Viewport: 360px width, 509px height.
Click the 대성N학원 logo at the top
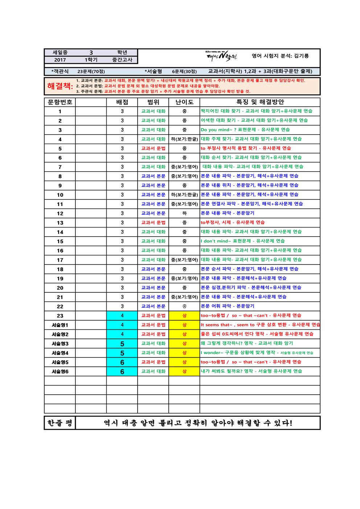click(x=221, y=56)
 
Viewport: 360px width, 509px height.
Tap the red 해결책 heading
click(x=60, y=86)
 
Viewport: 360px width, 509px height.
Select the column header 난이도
click(x=184, y=102)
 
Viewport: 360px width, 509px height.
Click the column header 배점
click(x=122, y=102)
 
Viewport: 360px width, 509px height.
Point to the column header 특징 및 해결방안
click(x=260, y=102)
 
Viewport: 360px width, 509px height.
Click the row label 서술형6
click(x=60, y=371)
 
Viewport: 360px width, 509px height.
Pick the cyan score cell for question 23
click(x=122, y=316)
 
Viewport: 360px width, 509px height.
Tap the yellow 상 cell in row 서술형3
click(x=184, y=343)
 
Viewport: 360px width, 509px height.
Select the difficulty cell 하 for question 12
click(x=184, y=213)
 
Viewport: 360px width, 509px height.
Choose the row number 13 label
click(x=60, y=223)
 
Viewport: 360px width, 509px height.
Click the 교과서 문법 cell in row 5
click(x=153, y=148)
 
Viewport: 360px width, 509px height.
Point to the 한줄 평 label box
click(x=60, y=423)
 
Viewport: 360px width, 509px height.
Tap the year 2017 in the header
click(x=60, y=60)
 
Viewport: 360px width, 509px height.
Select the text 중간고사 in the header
click(x=122, y=60)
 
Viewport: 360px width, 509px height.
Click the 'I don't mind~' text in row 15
click(x=216, y=241)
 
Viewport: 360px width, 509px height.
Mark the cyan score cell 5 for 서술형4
click(x=122, y=353)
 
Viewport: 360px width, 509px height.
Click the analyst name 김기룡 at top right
click(x=302, y=56)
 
